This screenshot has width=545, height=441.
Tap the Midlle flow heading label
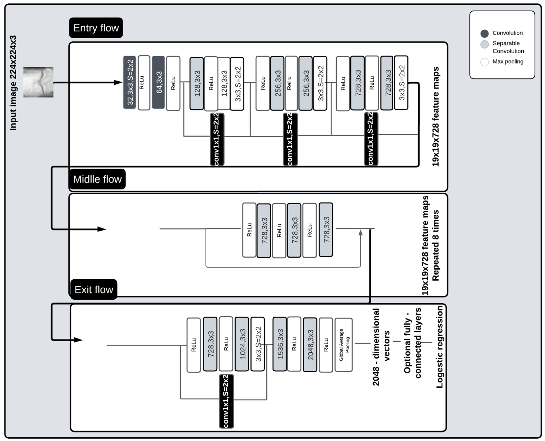coord(97,179)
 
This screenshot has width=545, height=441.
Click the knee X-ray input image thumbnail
coord(38,82)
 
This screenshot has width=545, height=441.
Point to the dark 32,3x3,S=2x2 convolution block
coord(130,82)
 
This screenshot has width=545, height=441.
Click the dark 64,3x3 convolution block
coord(158,82)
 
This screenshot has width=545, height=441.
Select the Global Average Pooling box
coord(344,345)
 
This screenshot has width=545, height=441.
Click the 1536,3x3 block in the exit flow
coord(280,344)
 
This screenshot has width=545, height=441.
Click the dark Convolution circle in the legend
coord(485,34)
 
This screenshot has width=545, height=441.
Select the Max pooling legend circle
coord(485,62)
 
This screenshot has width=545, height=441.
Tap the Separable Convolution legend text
coord(508,47)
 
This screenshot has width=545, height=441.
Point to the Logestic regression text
coord(440,347)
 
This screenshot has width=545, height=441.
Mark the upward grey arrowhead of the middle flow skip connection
coord(360,233)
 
